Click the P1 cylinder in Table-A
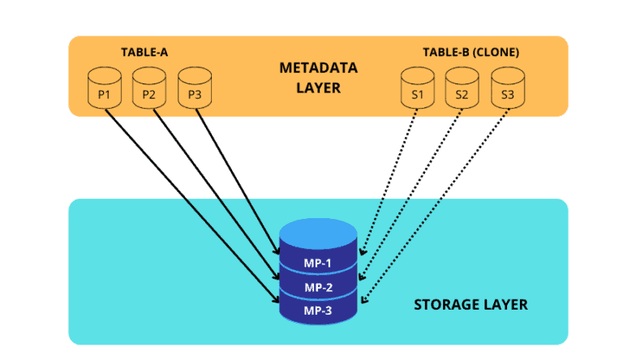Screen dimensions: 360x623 [104, 87]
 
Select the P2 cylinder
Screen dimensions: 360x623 [148, 87]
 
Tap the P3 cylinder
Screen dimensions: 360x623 [194, 87]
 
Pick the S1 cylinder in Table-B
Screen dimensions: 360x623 [417, 87]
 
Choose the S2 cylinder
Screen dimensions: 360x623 [462, 87]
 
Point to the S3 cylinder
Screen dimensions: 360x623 [507, 87]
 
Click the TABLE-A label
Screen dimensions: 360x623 [144, 53]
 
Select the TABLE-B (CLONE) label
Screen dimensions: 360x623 [470, 53]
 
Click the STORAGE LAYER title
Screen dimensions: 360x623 [470, 305]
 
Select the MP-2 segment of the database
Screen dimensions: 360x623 [318, 288]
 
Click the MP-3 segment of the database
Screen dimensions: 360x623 [318, 311]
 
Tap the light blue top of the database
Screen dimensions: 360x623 [318, 234]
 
